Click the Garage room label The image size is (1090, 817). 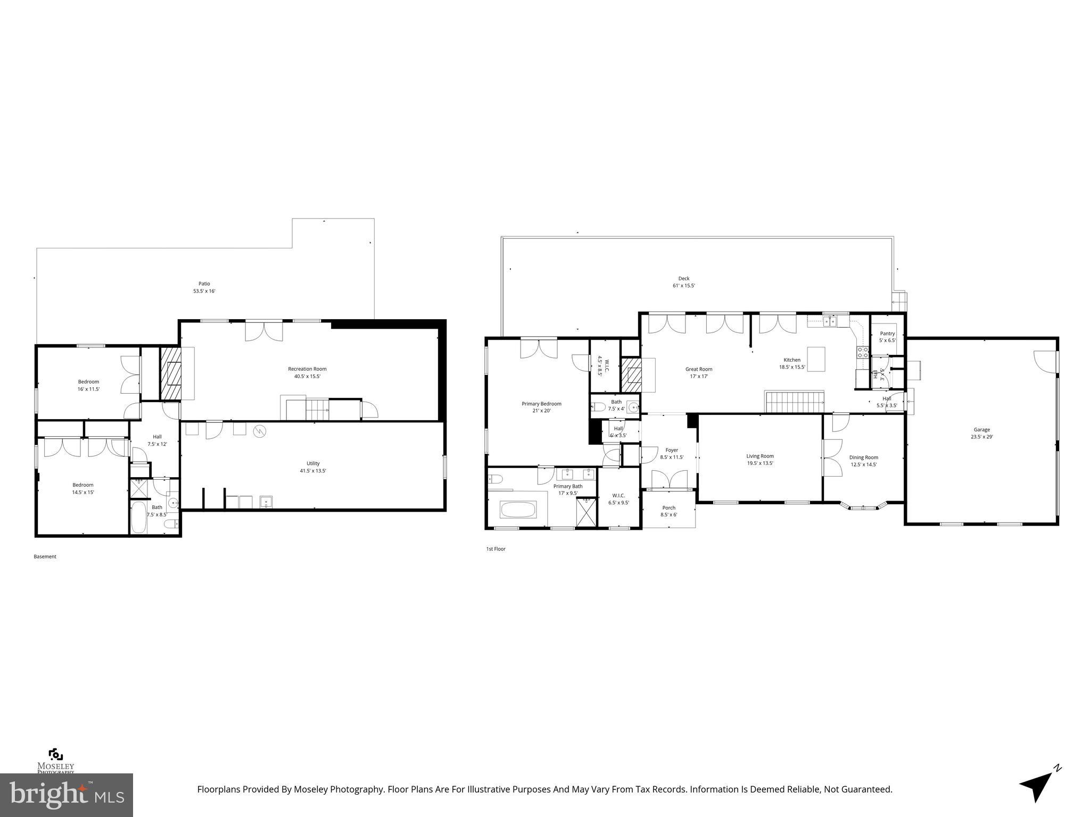pyautogui.click(x=982, y=430)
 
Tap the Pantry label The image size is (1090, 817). pyautogui.click(x=887, y=334)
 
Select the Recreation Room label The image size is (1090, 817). pyautogui.click(x=307, y=369)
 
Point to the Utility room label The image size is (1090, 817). pyautogui.click(x=313, y=463)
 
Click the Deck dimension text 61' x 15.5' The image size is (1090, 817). pyautogui.click(x=684, y=286)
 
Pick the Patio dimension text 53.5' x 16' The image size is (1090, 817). pyautogui.click(x=204, y=291)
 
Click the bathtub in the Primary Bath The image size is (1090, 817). pyautogui.click(x=518, y=510)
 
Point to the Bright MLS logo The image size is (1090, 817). pyautogui.click(x=67, y=795)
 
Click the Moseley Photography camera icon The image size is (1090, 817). pyautogui.click(x=55, y=755)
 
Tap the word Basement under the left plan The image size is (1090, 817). pyautogui.click(x=45, y=557)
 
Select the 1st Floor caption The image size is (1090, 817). pyautogui.click(x=496, y=549)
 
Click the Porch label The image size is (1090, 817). pyautogui.click(x=668, y=507)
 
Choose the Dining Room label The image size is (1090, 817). pyautogui.click(x=863, y=457)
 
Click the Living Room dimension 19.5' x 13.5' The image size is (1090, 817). pyautogui.click(x=759, y=463)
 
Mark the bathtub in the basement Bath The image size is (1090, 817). pyautogui.click(x=139, y=518)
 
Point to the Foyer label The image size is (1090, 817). pyautogui.click(x=672, y=450)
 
